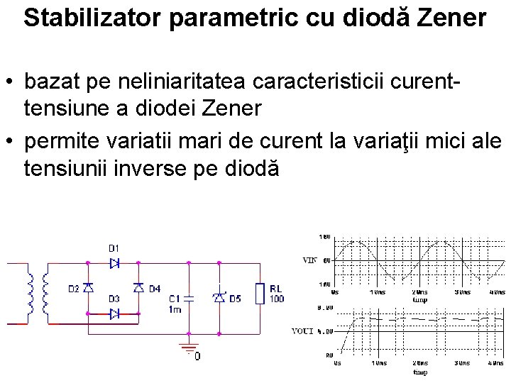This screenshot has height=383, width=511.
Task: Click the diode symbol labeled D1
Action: (114, 262)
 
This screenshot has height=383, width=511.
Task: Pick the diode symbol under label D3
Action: (114, 313)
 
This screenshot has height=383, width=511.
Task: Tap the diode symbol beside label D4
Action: (138, 288)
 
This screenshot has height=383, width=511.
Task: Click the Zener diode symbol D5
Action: (219, 298)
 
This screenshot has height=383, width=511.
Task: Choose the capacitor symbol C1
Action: (189, 299)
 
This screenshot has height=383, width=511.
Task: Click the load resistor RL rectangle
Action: (259, 293)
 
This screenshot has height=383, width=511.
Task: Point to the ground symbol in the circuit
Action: (188, 349)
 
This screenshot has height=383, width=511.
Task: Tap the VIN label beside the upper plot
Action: (309, 260)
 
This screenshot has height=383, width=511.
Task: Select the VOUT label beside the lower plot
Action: (304, 331)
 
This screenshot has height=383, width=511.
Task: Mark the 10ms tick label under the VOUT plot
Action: (378, 363)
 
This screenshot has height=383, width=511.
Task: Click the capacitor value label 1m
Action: (175, 309)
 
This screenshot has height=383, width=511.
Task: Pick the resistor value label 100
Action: (277, 299)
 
